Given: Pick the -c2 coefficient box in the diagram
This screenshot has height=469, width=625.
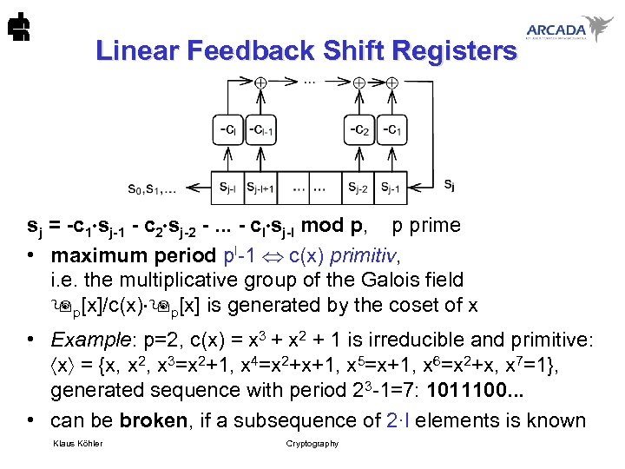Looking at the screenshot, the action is (x=361, y=129).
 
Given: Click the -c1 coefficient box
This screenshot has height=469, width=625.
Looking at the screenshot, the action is (x=392, y=129).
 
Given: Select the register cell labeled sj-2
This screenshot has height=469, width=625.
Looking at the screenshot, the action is (x=361, y=186).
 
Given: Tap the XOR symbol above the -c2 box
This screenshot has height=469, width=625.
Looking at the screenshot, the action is (x=359, y=83).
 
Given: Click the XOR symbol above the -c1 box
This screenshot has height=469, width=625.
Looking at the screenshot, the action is (x=392, y=83).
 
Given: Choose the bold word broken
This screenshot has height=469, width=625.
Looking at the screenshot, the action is (x=153, y=421).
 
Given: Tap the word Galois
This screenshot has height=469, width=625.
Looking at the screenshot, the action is (x=374, y=281).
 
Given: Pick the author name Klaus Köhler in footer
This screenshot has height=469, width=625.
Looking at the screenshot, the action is (x=77, y=444).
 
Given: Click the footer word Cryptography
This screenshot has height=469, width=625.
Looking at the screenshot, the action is (x=312, y=444).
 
